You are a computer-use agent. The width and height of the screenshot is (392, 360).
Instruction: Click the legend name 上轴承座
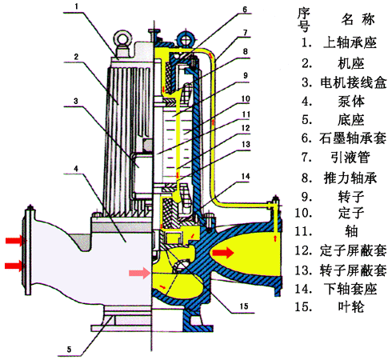pos(343,40)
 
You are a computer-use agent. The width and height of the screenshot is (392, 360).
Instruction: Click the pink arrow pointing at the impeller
pos(141,273)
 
